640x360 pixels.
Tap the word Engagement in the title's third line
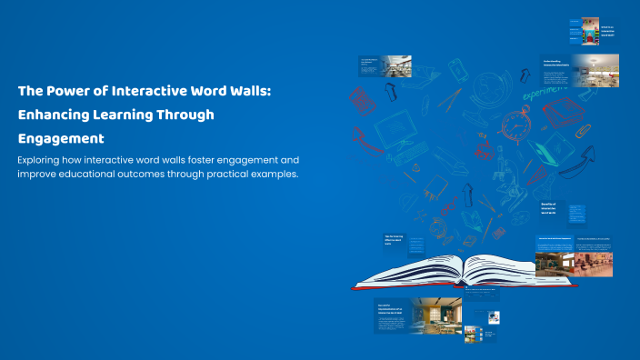(x=61, y=139)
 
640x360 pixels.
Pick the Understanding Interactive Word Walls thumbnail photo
(x=595, y=70)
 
